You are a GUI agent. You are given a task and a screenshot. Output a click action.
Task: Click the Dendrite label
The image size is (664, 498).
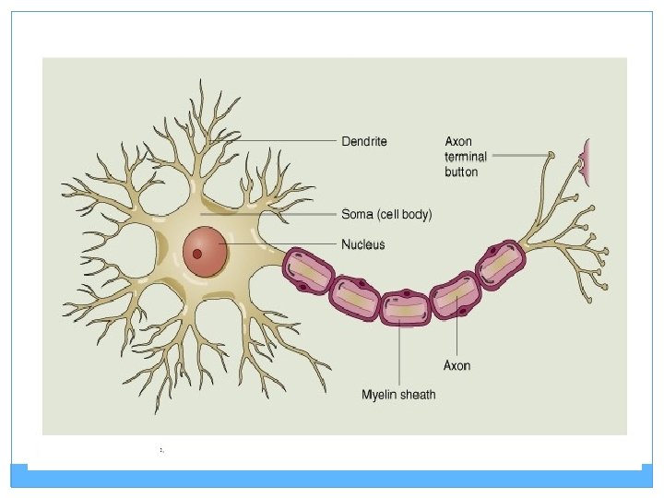tap(364, 141)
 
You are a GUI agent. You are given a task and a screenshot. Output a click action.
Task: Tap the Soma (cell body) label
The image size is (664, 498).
tap(386, 214)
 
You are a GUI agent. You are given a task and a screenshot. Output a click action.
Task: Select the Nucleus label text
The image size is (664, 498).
tap(363, 244)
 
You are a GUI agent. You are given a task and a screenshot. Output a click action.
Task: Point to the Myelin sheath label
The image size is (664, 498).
tap(398, 395)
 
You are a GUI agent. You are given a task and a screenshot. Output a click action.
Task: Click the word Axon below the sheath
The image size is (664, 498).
tap(457, 365)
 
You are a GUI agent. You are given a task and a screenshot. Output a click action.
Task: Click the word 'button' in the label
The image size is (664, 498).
tap(461, 172)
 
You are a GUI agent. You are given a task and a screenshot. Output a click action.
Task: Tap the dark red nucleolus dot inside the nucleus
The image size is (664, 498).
tap(196, 254)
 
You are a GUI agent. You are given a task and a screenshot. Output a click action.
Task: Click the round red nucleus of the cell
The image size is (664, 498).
tap(205, 250)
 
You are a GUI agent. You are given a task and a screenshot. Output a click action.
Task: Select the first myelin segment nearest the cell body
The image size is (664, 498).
tap(306, 270)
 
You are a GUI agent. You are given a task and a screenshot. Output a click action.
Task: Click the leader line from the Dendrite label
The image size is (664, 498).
tap(286, 141)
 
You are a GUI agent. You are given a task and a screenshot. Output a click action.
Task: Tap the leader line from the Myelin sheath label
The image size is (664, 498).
tap(398, 355)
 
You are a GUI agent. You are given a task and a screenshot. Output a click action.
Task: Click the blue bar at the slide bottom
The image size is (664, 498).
tap(332, 478)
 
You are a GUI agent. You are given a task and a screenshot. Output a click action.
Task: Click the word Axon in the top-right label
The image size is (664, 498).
tap(458, 141)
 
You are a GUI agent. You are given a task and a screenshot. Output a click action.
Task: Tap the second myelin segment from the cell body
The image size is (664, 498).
tap(354, 298)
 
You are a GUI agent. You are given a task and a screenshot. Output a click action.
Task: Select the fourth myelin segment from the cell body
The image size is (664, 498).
tap(456, 294)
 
